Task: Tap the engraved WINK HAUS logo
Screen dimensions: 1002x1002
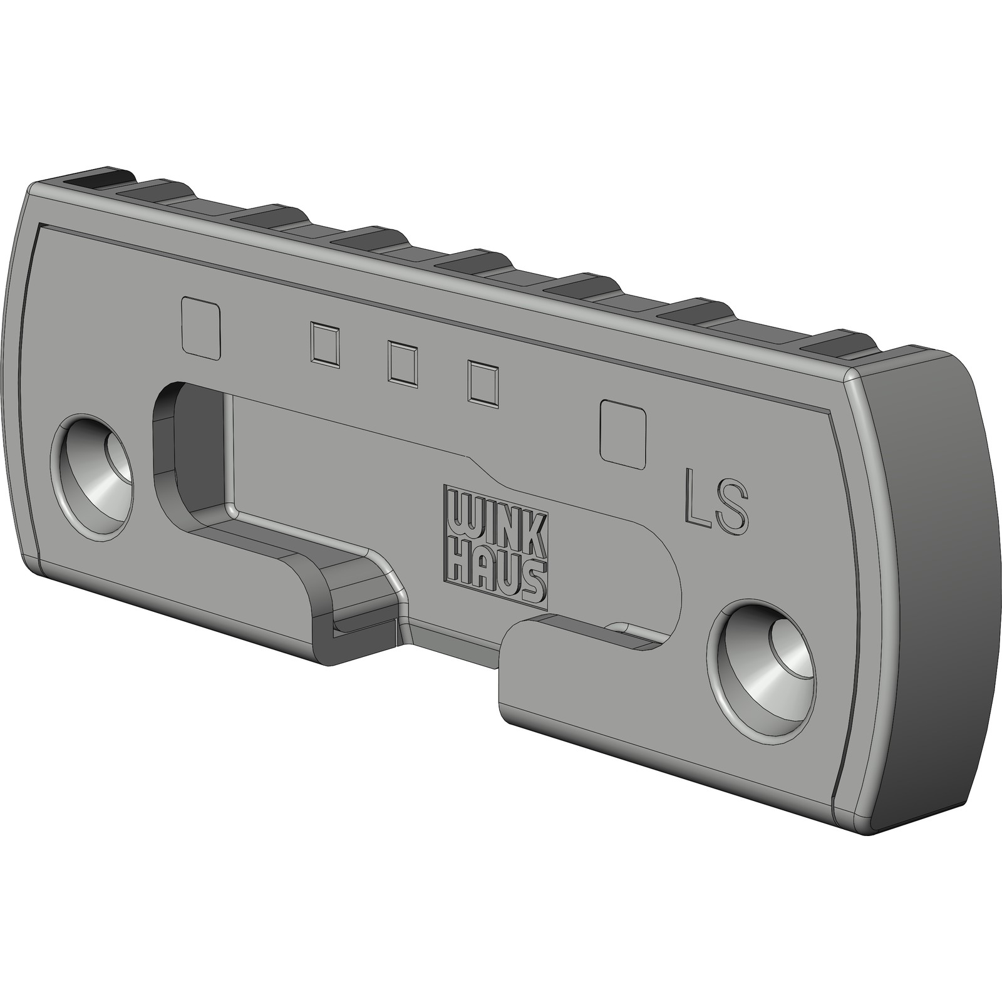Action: (x=495, y=547)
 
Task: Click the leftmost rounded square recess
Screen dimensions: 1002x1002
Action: (x=200, y=328)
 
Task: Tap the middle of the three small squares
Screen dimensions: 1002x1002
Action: (x=402, y=363)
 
